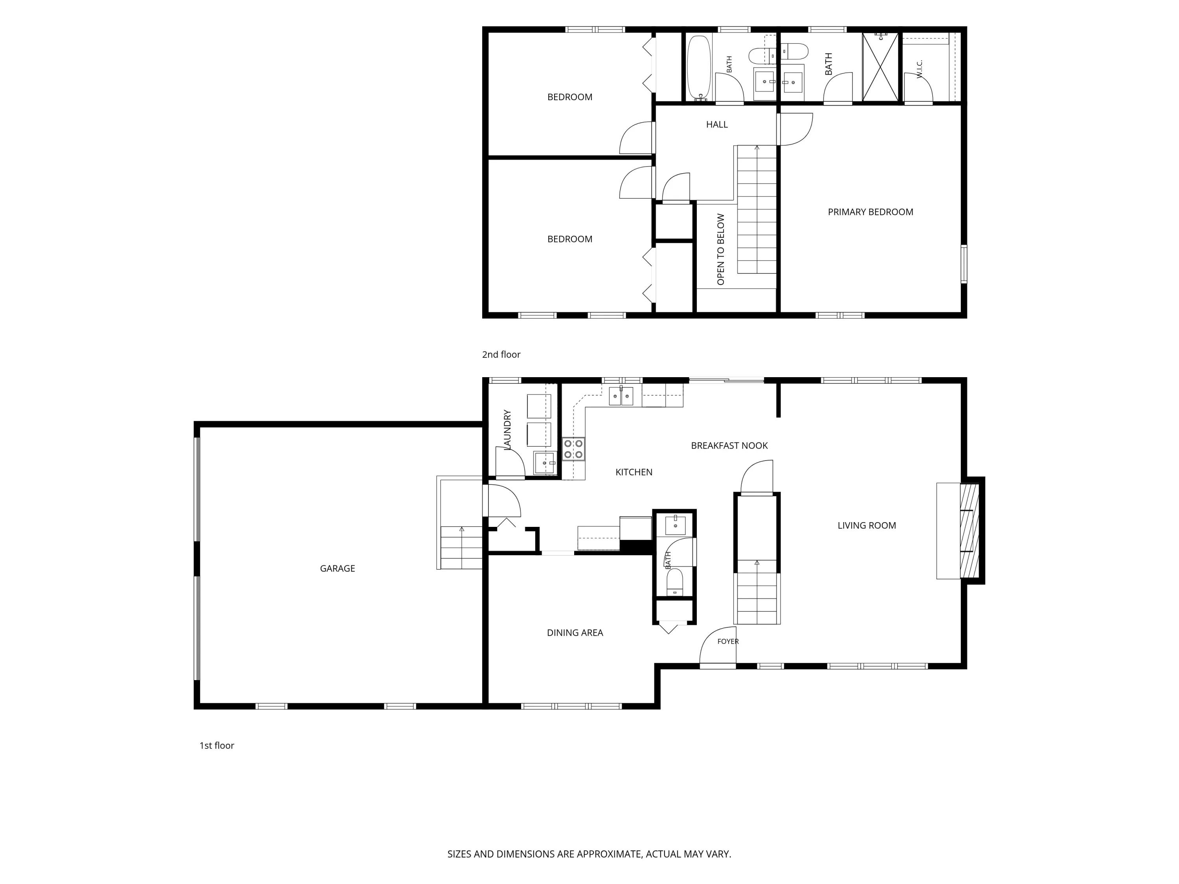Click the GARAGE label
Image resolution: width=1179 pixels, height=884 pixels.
[x=337, y=569]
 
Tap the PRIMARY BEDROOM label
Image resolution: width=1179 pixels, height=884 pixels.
[x=870, y=212]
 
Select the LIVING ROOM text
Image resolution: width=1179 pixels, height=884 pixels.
[x=867, y=525]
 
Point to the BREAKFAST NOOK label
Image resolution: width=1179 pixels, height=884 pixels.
[x=729, y=446]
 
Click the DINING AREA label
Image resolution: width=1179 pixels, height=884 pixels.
[x=575, y=633]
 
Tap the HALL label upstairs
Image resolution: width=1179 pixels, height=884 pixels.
[x=717, y=125]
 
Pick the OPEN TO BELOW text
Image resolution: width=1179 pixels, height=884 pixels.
[x=721, y=249]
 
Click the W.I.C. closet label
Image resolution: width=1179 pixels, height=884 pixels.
[x=920, y=69]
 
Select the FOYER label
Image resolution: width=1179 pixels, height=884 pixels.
[x=728, y=642]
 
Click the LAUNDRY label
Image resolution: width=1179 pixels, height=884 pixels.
[x=507, y=429]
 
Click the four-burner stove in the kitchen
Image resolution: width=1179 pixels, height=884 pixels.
[x=573, y=449]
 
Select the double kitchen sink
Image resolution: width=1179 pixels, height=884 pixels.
[x=621, y=396]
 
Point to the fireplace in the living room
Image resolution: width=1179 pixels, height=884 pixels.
[x=970, y=531]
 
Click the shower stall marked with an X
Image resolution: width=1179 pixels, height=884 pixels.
[x=880, y=67]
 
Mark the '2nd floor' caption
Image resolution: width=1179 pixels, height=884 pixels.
[x=501, y=355]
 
